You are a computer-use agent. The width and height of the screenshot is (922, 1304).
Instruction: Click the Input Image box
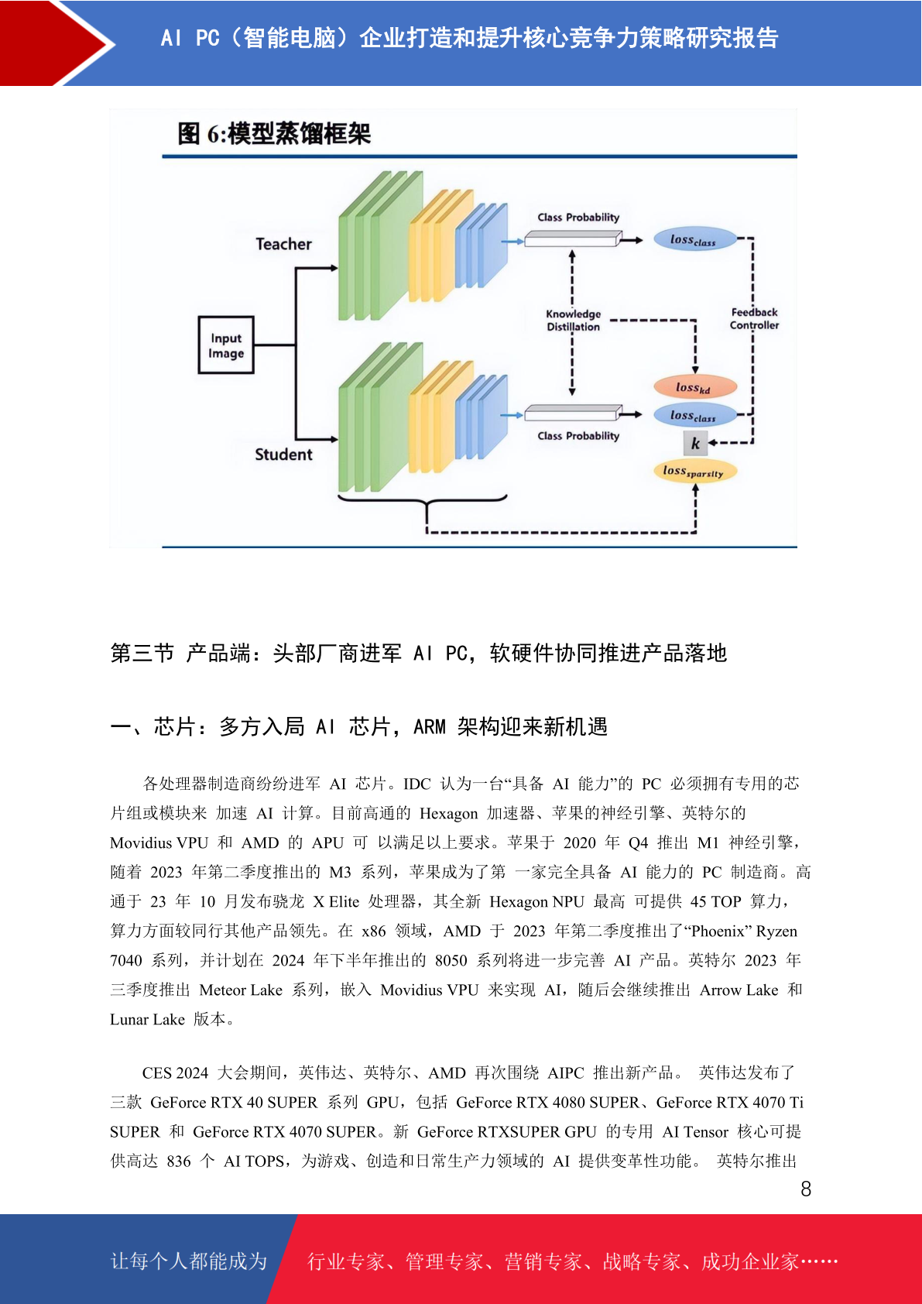click(x=226, y=345)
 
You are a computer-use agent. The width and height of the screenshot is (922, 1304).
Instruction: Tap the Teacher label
click(x=283, y=244)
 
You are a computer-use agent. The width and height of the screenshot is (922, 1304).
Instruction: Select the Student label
click(x=283, y=454)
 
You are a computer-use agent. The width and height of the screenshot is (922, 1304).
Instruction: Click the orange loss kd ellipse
click(x=695, y=387)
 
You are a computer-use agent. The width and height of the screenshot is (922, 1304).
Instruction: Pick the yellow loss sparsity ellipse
click(x=695, y=471)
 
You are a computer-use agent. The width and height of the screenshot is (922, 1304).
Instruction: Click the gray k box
click(x=695, y=444)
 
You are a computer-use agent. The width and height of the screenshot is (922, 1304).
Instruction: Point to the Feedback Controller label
click(x=754, y=319)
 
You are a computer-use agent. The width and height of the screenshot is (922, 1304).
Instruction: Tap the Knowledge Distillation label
click(x=574, y=321)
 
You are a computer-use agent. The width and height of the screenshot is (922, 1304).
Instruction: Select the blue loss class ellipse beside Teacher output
click(x=695, y=238)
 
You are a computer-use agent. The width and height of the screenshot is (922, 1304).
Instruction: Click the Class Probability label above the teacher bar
click(x=578, y=217)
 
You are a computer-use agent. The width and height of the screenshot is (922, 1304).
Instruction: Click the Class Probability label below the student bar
click(x=578, y=436)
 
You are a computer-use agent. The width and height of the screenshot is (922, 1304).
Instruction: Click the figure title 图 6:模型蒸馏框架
click(x=274, y=134)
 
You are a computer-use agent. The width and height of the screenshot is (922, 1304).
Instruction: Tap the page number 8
click(x=806, y=1189)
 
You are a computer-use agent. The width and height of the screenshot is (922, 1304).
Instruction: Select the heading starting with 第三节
click(x=419, y=654)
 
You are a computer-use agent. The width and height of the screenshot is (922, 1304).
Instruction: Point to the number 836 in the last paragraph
click(x=179, y=1162)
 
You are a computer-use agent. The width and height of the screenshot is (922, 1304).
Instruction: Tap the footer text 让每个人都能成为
click(x=189, y=1261)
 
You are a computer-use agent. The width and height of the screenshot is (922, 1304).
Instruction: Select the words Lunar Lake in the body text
click(x=147, y=1019)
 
